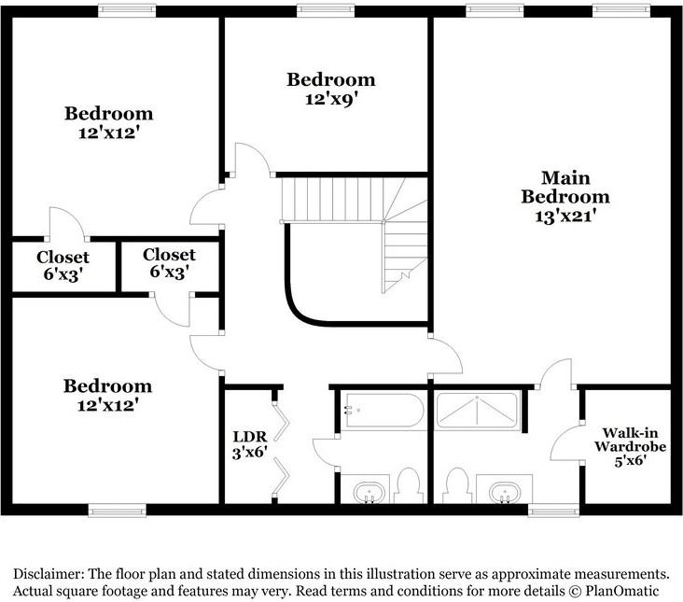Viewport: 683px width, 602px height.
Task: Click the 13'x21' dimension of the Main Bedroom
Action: click(565, 216)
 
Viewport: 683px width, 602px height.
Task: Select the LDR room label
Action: click(250, 435)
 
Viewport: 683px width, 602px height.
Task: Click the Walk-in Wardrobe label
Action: click(626, 439)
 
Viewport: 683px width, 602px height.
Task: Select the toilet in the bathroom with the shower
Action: click(456, 484)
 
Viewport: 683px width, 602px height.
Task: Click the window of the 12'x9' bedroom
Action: click(325, 10)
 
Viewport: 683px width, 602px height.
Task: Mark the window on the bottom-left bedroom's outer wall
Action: click(118, 510)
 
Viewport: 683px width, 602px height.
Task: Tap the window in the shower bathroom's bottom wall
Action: click(547, 510)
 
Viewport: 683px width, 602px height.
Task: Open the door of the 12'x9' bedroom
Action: click(250, 160)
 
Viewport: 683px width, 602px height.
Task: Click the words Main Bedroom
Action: click(565, 187)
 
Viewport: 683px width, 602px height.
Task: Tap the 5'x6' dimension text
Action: click(626, 459)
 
